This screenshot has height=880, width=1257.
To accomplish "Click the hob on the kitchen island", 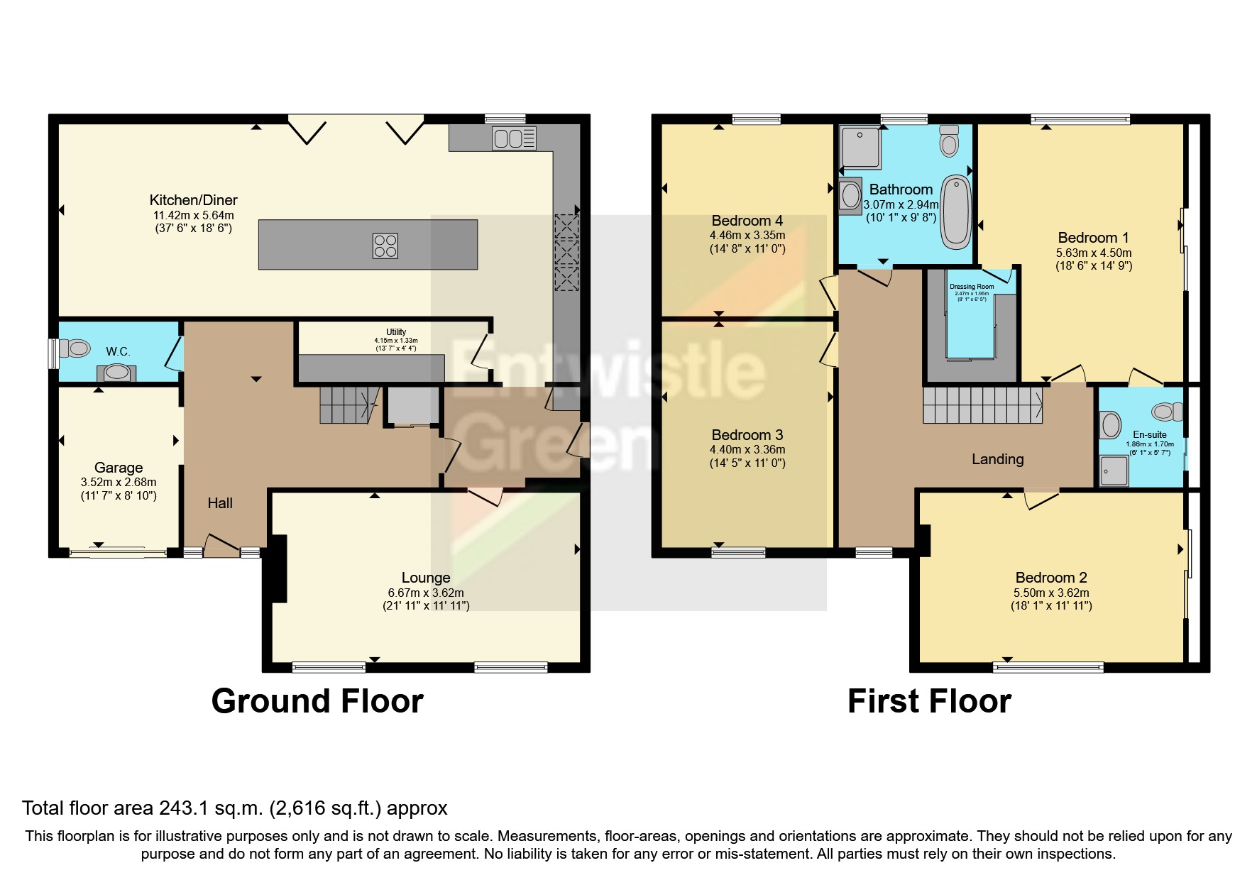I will click(x=385, y=246).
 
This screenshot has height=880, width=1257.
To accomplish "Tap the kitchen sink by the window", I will click(x=513, y=138).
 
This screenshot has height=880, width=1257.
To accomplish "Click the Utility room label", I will click(x=396, y=332).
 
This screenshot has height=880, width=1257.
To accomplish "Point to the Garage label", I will click(x=119, y=468).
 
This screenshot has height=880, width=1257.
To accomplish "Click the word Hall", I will click(x=220, y=503).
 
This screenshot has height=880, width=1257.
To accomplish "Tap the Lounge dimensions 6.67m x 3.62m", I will click(x=426, y=593).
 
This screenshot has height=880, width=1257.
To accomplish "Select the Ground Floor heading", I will click(x=317, y=701).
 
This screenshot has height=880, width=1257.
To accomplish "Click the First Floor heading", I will click(x=929, y=701).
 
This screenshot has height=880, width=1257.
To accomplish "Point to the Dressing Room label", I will click(x=972, y=287).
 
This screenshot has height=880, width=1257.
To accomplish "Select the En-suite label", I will click(x=1150, y=434).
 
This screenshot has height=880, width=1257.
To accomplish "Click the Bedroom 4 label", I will click(x=747, y=221).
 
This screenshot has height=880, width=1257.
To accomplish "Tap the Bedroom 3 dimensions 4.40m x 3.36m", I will click(x=747, y=449).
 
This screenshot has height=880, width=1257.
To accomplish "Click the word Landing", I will click(x=997, y=459).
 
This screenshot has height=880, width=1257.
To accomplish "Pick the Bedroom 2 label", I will click(x=1051, y=578).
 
